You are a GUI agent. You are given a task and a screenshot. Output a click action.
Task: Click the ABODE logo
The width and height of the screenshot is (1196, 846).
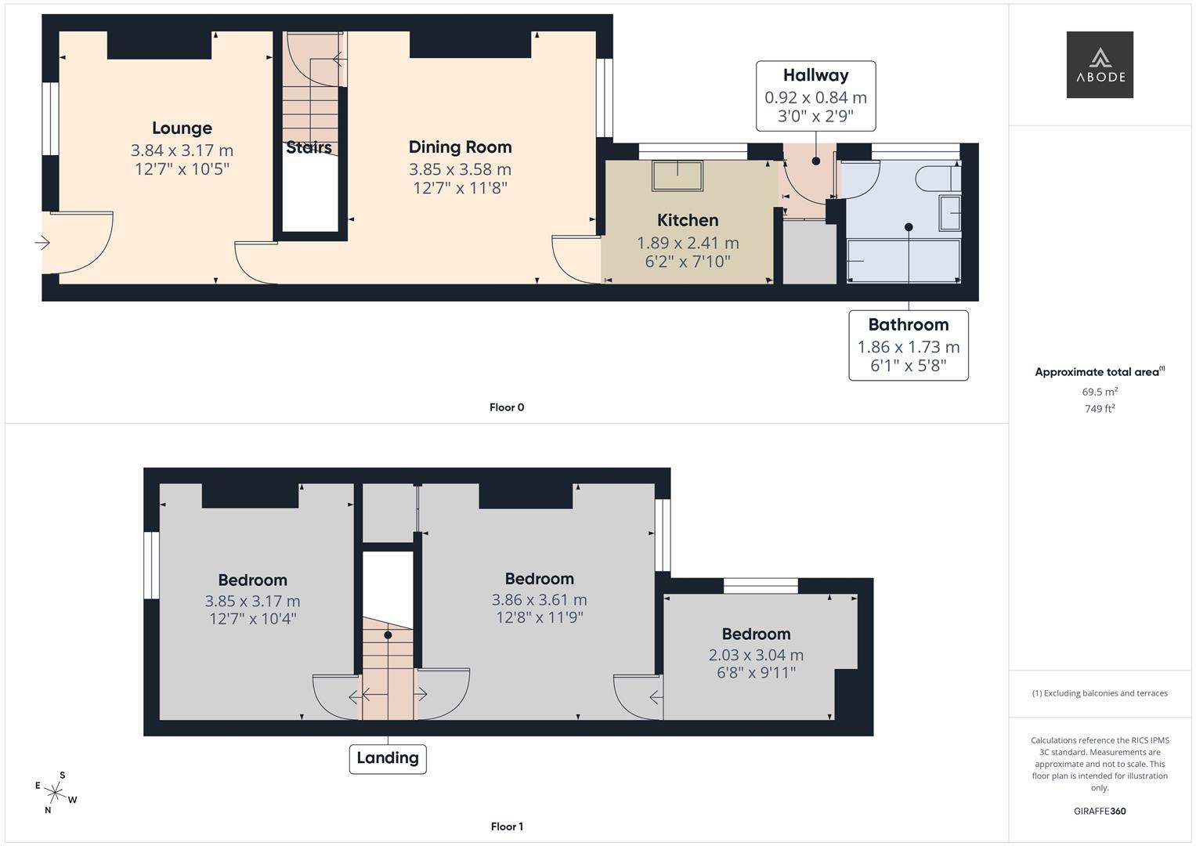(x=1099, y=64)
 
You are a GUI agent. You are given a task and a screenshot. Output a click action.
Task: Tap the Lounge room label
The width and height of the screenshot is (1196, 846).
(x=182, y=128)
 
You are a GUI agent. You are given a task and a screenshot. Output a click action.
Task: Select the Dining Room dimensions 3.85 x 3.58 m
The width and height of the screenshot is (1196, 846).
(x=460, y=169)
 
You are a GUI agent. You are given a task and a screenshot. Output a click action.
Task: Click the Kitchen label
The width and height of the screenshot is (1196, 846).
(x=687, y=220)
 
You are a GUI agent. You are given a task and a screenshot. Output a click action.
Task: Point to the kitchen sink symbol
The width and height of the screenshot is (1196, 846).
(x=677, y=175)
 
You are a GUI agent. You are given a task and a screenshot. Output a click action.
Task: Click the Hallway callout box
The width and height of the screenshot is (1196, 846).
(x=815, y=96)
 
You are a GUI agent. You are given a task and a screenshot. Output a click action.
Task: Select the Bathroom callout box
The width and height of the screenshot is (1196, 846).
(x=908, y=345)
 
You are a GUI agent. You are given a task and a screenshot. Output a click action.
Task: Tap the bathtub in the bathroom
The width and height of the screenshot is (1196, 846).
(x=903, y=261)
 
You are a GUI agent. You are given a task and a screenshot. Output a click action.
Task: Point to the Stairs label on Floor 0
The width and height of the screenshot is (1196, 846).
(x=309, y=147)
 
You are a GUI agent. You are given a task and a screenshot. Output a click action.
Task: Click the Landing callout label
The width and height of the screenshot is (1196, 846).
(x=388, y=758)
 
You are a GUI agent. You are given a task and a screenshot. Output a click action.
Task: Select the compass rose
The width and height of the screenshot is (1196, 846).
(x=56, y=793)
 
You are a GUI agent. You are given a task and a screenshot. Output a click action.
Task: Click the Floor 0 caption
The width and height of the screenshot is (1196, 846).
(x=507, y=407)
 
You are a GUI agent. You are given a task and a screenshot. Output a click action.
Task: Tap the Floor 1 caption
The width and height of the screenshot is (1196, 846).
(x=507, y=826)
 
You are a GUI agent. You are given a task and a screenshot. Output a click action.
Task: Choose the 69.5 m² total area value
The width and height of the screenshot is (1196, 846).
(x=1099, y=392)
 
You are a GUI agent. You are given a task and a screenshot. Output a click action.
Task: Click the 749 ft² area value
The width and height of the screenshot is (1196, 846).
(x=1099, y=409)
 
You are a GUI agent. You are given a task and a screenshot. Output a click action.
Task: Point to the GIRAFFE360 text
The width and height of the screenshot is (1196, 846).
(x=1099, y=812)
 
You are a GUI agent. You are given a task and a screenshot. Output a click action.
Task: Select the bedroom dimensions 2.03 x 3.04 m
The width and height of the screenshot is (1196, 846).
(x=756, y=655)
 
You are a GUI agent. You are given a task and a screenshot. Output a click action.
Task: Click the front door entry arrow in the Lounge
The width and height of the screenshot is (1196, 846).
(x=42, y=244)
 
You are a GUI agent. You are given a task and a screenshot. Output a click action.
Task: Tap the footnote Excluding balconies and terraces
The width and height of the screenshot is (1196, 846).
(x=1099, y=693)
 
